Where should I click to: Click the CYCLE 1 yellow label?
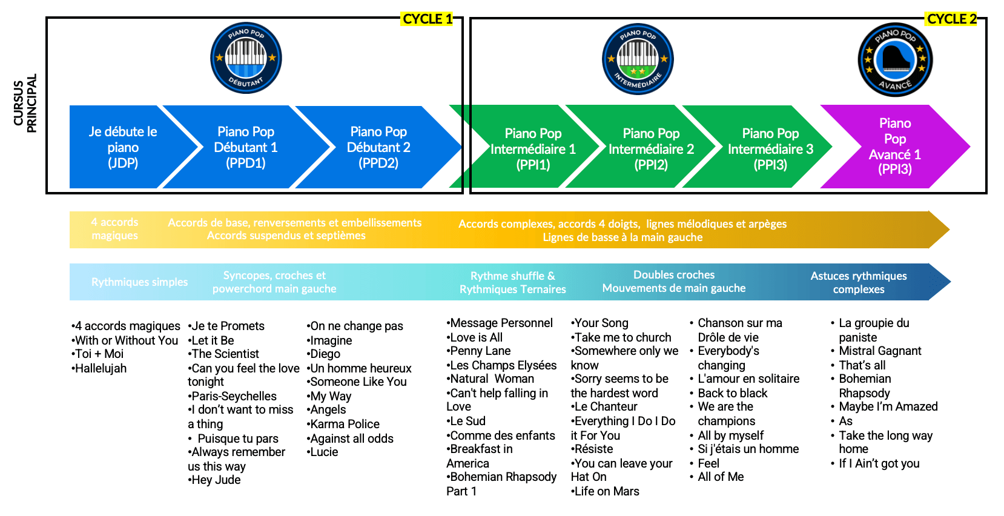(428, 19)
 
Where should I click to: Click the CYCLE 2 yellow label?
(952, 19)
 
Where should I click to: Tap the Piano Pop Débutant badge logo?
(246, 59)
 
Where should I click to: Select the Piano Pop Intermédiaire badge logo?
(638, 59)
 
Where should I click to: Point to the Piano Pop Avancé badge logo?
(895, 60)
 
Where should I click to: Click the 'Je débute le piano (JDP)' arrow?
(123, 147)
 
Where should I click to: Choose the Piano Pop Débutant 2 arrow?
(378, 147)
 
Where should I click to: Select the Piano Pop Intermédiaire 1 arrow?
(533, 149)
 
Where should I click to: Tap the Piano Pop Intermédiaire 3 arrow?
(770, 149)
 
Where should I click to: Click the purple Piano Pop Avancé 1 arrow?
(894, 147)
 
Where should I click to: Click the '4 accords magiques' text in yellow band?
(115, 229)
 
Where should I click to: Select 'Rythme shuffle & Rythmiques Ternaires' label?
(512, 283)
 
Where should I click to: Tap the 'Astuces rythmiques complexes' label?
(859, 283)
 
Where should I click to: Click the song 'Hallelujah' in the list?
(101, 368)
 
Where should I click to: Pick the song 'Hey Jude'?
(216, 480)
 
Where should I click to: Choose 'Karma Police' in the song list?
(345, 424)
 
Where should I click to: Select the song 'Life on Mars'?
(606, 491)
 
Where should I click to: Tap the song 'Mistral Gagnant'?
(880, 351)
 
